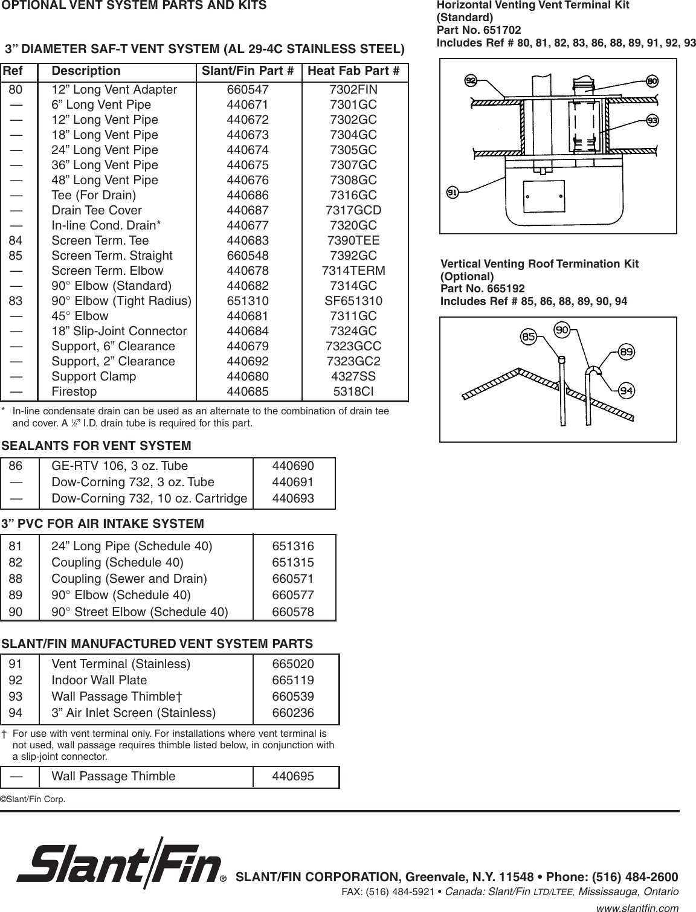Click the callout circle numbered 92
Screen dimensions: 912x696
tap(471, 80)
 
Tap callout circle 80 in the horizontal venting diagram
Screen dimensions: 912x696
tap(652, 81)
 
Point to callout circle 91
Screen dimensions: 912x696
tap(453, 193)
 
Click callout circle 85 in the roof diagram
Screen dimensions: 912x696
tap(529, 337)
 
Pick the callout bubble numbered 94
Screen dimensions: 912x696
tap(627, 390)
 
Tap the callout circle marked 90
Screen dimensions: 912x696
tap(562, 330)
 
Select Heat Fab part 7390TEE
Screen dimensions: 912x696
tap(353, 240)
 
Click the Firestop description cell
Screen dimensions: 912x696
tap(74, 391)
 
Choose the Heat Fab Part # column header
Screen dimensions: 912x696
tap(353, 71)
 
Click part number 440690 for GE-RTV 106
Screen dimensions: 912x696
tap(293, 466)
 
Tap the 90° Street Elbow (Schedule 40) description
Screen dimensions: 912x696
tap(140, 612)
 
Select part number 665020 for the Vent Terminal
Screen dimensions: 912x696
tap(293, 664)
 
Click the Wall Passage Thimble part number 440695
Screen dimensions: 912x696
tap(293, 776)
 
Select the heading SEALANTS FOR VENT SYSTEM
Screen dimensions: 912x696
tap(97, 446)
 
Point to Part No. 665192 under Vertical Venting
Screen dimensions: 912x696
tap(483, 288)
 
